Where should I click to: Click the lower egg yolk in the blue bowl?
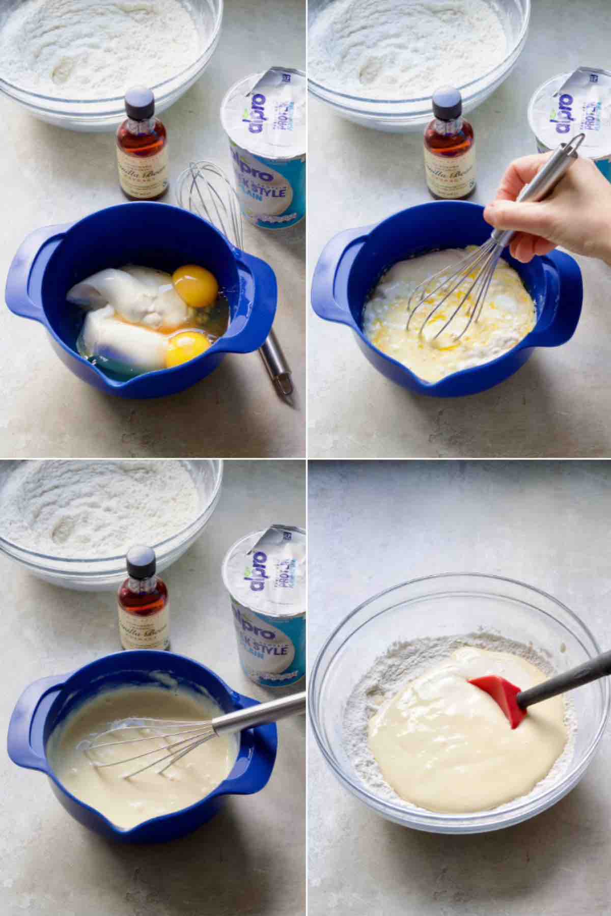pos(187,349)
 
